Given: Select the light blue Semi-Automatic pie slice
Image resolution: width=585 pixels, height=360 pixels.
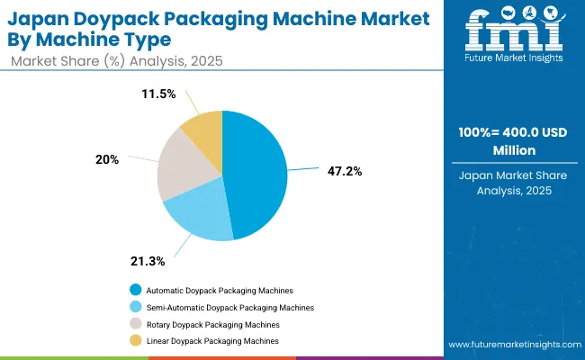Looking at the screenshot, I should pyautogui.click(x=200, y=215).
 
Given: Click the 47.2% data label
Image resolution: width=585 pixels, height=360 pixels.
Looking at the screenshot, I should pyautogui.click(x=345, y=170).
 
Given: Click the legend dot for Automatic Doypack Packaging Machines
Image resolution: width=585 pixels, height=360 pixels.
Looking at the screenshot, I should pyautogui.click(x=135, y=290).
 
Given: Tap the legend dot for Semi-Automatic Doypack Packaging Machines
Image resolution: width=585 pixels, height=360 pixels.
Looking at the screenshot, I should pyautogui.click(x=135, y=307).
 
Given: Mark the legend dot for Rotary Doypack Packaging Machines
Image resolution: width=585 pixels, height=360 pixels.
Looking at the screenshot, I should pyautogui.click(x=135, y=324).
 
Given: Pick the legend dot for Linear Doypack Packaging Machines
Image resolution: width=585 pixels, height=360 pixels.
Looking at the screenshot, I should pyautogui.click(x=135, y=341).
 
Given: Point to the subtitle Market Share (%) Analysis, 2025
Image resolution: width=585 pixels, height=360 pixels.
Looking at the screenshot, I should pyautogui.click(x=117, y=60).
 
